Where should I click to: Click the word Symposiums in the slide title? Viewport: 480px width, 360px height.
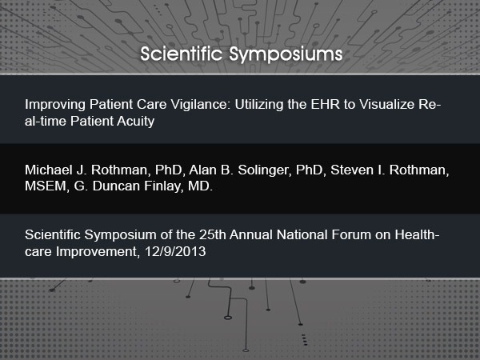tap(286, 54)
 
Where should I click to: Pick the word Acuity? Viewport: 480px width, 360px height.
tap(135, 122)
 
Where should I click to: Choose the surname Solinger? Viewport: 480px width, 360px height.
tap(265, 170)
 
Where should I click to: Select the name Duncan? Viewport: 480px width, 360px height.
tap(116, 186)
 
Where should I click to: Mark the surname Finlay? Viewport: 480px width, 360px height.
tap(163, 186)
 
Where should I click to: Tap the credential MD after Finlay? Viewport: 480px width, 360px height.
tap(200, 186)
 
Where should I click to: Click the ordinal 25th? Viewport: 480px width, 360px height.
tap(213, 234)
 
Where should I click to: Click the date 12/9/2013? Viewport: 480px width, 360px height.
tap(175, 252)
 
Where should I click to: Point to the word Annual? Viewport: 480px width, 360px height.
tap(251, 234)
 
